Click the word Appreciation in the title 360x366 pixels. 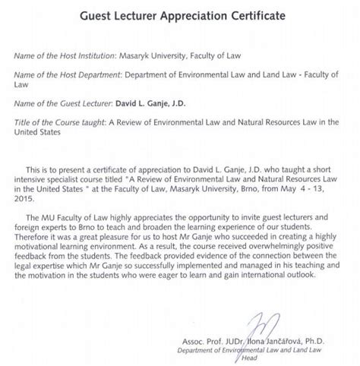point(174,15)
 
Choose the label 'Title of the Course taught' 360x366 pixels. point(54,123)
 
